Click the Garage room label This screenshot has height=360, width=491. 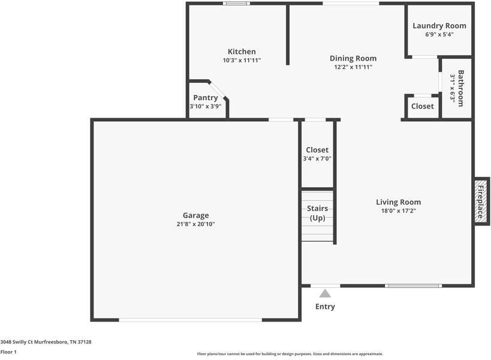(195, 215)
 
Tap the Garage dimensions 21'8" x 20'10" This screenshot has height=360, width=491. (195, 224)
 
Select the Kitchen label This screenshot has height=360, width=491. (242, 52)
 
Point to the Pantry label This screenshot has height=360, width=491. (206, 98)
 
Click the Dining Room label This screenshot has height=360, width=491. (353, 58)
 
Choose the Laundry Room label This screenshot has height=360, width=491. (439, 26)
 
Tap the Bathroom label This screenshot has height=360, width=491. (460, 88)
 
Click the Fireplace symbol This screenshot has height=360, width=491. (481, 201)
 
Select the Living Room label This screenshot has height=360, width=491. (398, 202)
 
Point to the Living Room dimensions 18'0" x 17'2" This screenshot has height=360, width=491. (398, 211)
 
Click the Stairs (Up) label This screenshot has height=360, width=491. (317, 213)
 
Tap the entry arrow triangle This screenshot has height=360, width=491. (325, 293)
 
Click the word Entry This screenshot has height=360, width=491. (325, 307)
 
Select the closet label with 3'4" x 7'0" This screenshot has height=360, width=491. (317, 150)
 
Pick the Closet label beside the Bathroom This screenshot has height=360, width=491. (422, 106)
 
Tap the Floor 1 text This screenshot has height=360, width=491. (8, 352)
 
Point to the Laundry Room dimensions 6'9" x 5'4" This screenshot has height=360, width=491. (439, 34)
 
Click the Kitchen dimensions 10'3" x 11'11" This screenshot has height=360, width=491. (242, 60)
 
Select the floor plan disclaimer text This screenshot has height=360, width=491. (290, 354)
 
